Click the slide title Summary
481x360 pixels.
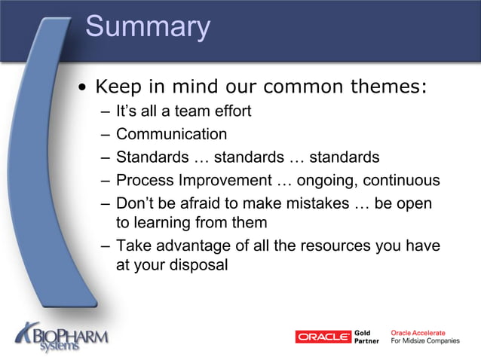point(148,27)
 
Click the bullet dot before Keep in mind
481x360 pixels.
point(84,87)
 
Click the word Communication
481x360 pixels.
point(171,135)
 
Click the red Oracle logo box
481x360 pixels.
point(323,337)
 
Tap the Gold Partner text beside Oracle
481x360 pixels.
point(366,337)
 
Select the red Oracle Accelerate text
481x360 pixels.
point(418,332)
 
